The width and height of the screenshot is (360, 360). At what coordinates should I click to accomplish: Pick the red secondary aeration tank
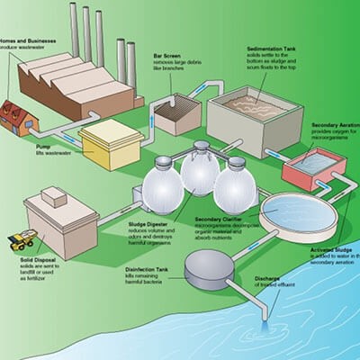[x=312, y=167]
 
